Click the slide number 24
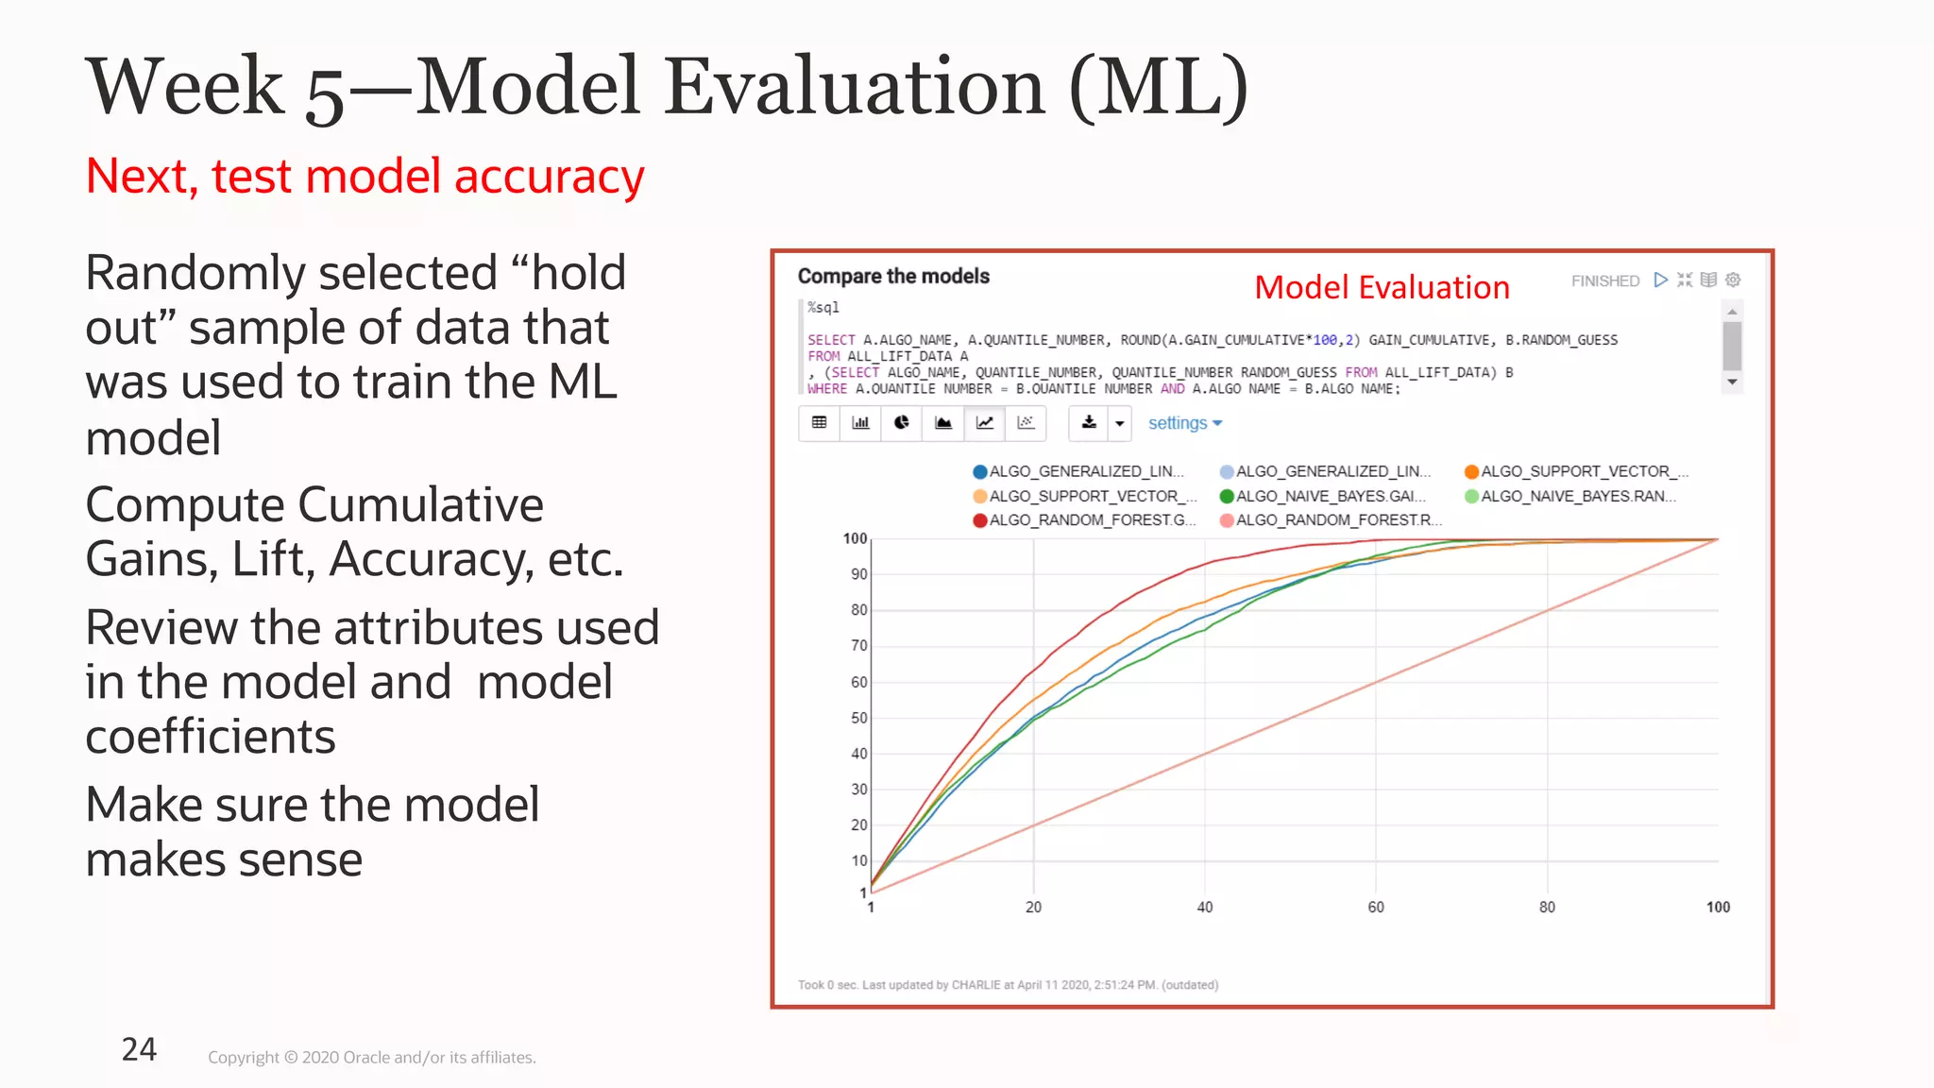(x=139, y=1049)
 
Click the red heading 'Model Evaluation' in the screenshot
(x=1382, y=287)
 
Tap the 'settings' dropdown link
(x=1184, y=423)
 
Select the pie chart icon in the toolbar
(x=902, y=422)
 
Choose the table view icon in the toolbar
(x=820, y=422)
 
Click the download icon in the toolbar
(x=1089, y=422)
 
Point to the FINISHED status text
(x=1604, y=280)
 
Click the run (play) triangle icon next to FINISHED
(x=1660, y=280)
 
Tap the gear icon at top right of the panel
(x=1733, y=280)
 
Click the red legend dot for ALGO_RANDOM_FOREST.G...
(x=980, y=520)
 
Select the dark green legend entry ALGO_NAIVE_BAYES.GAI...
(x=1321, y=496)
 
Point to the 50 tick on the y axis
(x=858, y=718)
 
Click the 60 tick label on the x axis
(x=1376, y=907)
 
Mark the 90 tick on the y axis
(x=858, y=574)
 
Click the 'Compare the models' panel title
(x=893, y=276)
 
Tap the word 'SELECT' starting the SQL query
(x=831, y=340)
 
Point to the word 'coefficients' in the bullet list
(x=210, y=737)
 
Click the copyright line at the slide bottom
(x=372, y=1058)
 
